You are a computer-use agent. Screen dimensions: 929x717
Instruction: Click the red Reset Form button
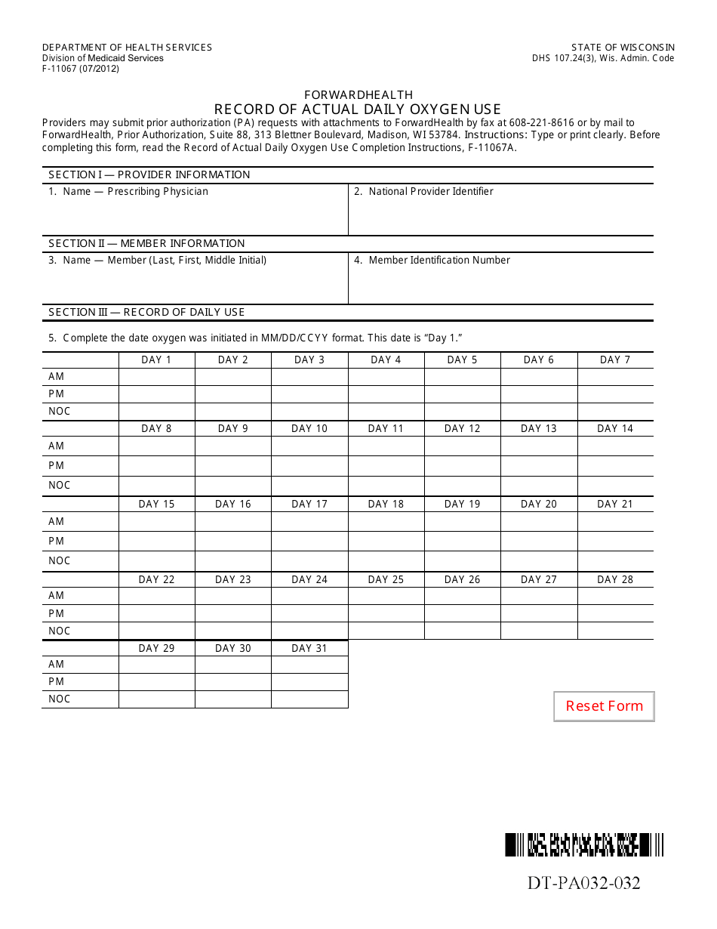(x=604, y=706)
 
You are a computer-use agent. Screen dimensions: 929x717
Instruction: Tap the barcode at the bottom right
(x=583, y=844)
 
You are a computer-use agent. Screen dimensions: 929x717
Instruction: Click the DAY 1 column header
(x=157, y=360)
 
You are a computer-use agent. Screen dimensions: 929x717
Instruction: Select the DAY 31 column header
(x=309, y=648)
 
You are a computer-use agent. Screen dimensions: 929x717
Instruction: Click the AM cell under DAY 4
(x=386, y=376)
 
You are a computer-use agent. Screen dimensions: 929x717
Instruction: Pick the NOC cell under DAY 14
(x=615, y=486)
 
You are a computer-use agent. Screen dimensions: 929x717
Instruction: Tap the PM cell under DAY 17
(x=309, y=541)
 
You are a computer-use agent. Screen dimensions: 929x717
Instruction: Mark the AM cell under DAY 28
(x=615, y=596)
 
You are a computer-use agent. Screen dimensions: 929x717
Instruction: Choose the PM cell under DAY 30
(x=233, y=682)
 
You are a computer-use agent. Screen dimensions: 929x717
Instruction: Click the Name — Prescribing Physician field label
(x=128, y=192)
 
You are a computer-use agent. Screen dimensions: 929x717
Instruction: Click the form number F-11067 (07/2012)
(x=81, y=69)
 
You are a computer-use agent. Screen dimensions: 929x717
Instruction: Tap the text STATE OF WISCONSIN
(x=623, y=48)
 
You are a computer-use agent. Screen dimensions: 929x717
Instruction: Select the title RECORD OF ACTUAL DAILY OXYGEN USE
(x=358, y=109)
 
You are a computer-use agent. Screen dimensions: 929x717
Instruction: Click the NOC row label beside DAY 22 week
(x=60, y=631)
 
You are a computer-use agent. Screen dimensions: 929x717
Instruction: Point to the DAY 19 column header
(x=462, y=504)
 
